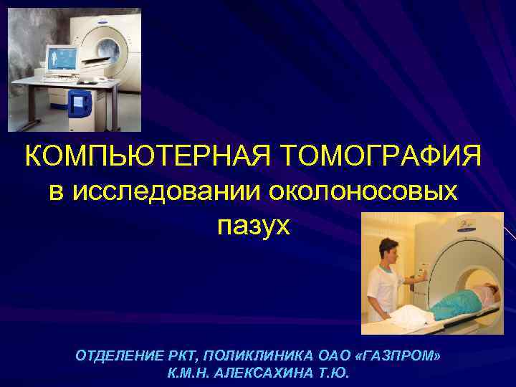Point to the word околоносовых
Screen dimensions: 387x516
pyautogui.click(x=363, y=191)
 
